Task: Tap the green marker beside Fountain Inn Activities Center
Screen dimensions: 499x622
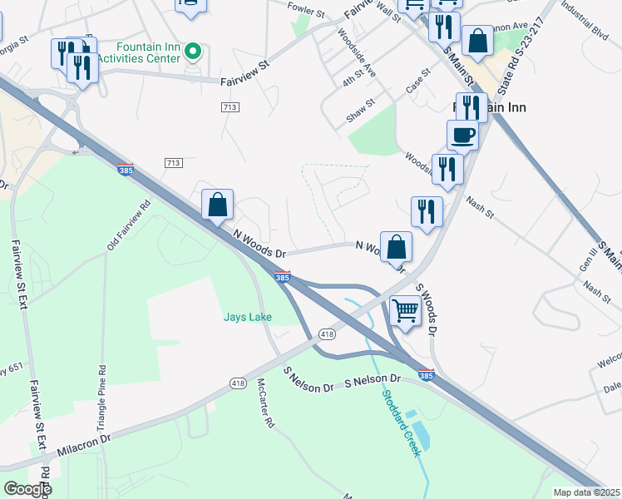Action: tap(193, 52)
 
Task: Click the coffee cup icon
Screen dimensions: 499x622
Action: tap(462, 134)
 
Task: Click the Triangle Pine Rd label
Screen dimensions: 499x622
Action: tap(102, 390)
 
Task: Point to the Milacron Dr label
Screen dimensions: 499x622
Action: tap(84, 445)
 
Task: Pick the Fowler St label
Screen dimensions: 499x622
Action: tap(306, 11)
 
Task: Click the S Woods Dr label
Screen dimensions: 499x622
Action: tap(426, 309)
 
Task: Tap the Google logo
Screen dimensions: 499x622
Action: tap(27, 488)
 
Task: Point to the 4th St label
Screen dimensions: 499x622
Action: tap(353, 80)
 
